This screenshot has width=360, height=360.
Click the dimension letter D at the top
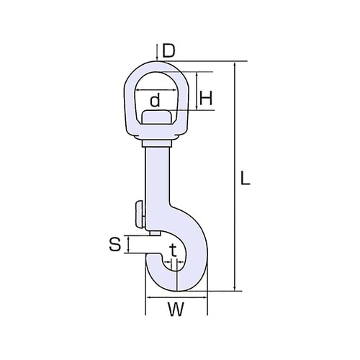pos(168,51)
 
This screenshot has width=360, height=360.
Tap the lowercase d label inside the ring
pos(155,100)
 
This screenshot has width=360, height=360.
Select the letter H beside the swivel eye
pos(206,99)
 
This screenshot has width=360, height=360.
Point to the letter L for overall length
pos(245,178)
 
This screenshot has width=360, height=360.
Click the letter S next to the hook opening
pos(115,245)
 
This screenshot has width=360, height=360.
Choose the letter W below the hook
pos(176,310)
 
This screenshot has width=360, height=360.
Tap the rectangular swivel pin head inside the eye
pos(156,117)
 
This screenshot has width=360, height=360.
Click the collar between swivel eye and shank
pos(157,143)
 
